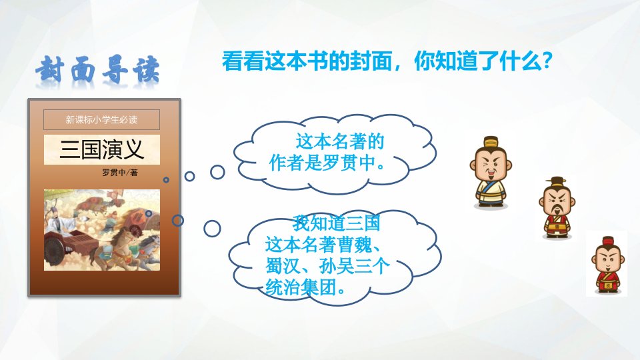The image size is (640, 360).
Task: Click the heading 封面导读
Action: (97, 70)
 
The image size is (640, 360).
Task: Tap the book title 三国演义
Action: (101, 149)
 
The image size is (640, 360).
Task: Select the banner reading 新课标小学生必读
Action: (101, 119)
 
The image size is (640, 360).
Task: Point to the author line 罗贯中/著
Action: (119, 173)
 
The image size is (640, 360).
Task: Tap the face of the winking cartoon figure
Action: (491, 167)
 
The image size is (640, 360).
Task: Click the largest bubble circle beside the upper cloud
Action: (217, 172)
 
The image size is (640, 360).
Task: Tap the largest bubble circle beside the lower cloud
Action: (212, 229)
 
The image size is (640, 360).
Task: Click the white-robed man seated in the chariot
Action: (61, 223)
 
